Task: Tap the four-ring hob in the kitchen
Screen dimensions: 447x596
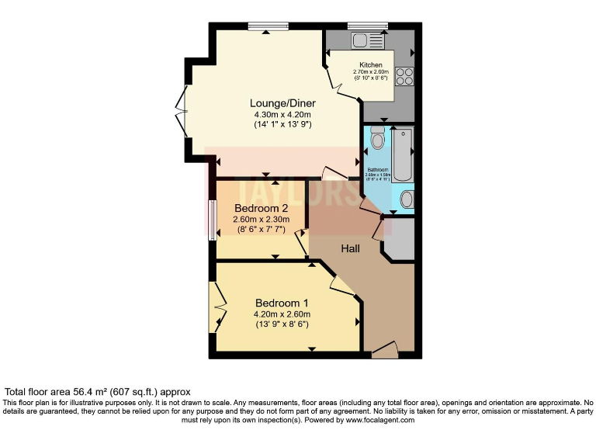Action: coord(404,76)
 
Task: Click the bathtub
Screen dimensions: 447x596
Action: coord(404,152)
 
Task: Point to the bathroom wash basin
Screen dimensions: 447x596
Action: coord(406,199)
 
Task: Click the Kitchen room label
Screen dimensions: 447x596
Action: coord(371,64)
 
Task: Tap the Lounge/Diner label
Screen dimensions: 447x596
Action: coord(282,102)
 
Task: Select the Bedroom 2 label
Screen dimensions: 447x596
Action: coord(261,209)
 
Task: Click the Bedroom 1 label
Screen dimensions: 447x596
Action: coord(282,303)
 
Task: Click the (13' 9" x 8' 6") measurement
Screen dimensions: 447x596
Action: coord(282,324)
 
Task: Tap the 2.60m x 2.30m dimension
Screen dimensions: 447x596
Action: coord(261,220)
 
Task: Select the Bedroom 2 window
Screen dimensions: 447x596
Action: coord(212,218)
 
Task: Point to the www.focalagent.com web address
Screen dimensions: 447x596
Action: coord(380,420)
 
